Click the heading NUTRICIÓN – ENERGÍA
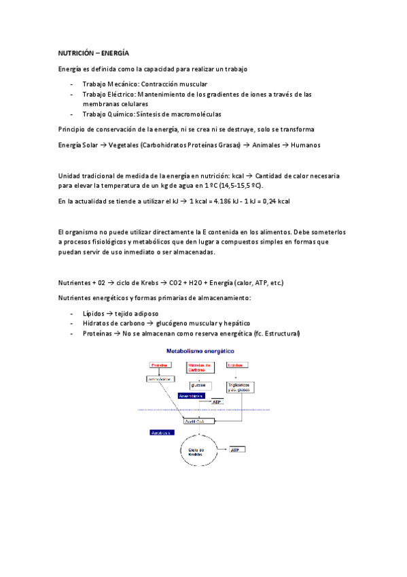tap(93, 52)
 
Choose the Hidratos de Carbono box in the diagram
tap(200, 368)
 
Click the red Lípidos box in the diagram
tap(236, 365)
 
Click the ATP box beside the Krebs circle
tap(238, 450)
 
